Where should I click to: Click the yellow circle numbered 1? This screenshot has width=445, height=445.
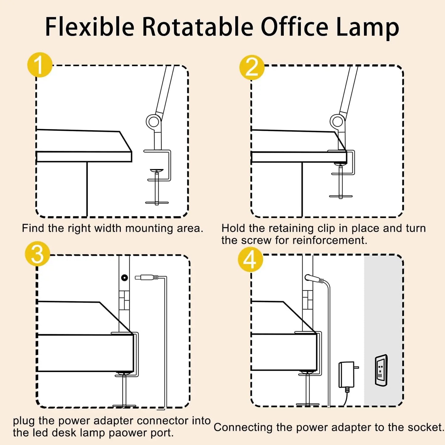pos(40,65)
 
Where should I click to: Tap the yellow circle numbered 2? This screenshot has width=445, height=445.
pos(252,67)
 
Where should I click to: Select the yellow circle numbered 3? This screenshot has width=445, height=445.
pos(37,254)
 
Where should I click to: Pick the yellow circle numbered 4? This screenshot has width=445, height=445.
pos(250,259)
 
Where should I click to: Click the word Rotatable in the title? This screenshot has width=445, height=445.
pos(197,27)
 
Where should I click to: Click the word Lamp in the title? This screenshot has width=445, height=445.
pos(367,28)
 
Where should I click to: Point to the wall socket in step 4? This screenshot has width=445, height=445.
pos(381,370)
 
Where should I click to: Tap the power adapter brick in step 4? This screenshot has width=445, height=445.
pos(347,374)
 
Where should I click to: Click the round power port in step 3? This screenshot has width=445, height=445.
pos(124,278)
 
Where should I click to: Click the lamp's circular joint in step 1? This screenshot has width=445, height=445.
pos(153,121)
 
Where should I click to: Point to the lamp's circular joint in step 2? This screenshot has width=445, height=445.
pos(337,121)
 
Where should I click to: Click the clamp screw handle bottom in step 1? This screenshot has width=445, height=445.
pos(157,203)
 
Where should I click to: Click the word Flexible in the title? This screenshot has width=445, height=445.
pos(90,27)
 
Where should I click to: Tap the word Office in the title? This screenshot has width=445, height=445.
pos(295,27)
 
